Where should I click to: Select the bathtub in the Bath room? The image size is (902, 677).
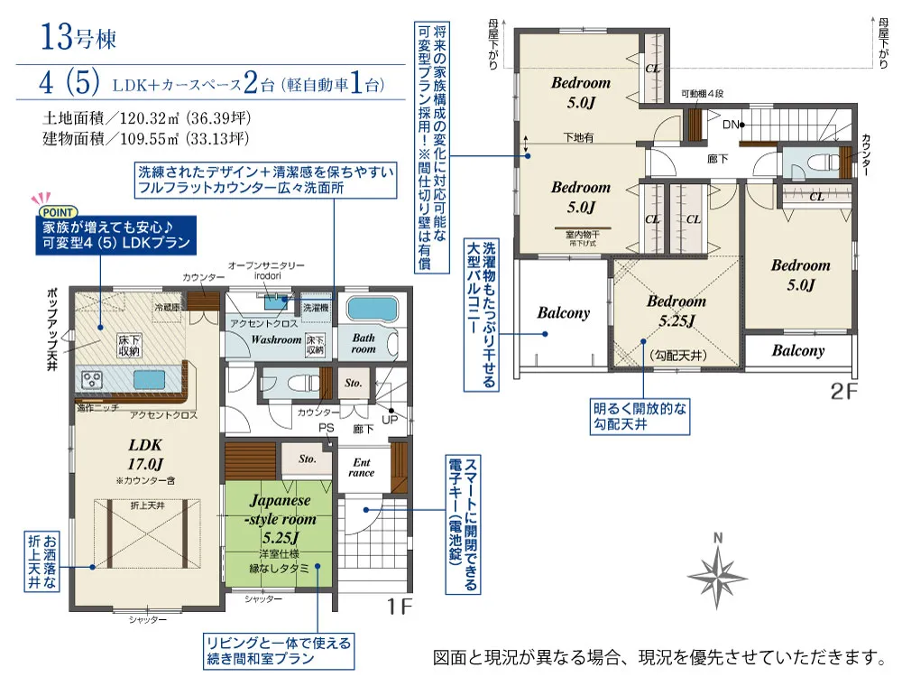coord(371,311)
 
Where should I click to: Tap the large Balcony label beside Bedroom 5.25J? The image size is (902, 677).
coord(563,313)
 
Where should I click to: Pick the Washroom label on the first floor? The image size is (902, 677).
coord(276,340)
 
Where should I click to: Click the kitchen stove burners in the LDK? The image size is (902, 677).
coord(93,381)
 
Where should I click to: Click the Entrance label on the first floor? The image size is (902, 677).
coord(361,467)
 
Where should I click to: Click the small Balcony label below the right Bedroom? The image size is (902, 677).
coord(797,350)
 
